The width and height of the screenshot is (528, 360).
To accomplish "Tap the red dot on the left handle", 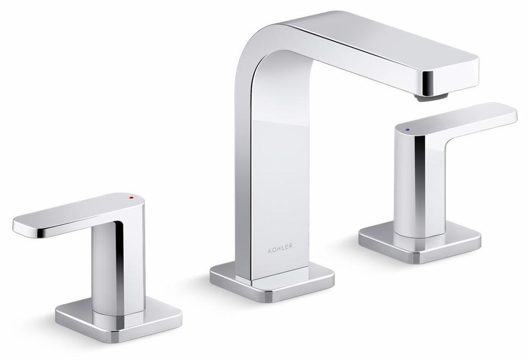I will pos(131,198).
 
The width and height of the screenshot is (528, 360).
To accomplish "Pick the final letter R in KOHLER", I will pos(291,247).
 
